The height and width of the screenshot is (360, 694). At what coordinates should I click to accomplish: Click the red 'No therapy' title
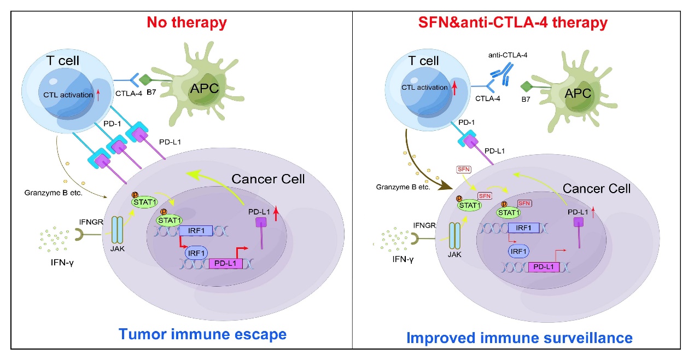click(187, 23)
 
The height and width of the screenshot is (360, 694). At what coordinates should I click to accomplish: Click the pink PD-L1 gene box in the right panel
click(544, 268)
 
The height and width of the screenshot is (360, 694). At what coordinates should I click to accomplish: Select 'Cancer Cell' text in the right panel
click(597, 188)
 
